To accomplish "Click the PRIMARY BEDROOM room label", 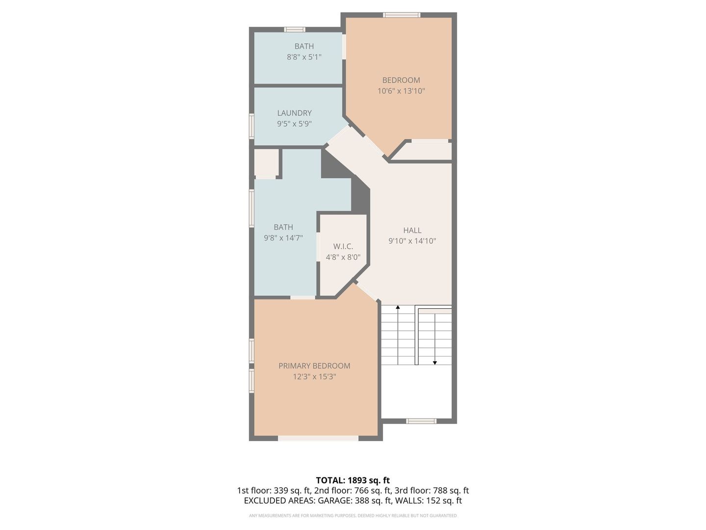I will [x=314, y=366].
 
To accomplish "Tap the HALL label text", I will [x=412, y=230].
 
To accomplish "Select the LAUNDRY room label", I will [x=294, y=113].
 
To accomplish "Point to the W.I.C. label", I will [x=343, y=246].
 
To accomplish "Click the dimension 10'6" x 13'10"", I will [x=401, y=91].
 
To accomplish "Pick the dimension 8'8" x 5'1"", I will [x=304, y=57].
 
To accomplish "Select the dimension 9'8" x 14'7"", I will [x=283, y=238].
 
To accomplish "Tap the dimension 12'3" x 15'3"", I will [x=314, y=377].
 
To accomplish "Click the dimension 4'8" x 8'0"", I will [x=343, y=257].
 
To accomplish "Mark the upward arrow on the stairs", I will [x=398, y=308].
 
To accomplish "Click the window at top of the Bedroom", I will [x=402, y=15].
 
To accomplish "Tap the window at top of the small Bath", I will [x=295, y=29].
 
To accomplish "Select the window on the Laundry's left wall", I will [x=252, y=126].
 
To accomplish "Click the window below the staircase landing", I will [x=421, y=421].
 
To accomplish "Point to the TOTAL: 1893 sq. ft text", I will [x=353, y=480].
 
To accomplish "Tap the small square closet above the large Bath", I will [x=266, y=162].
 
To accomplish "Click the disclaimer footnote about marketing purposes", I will [x=353, y=515].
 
